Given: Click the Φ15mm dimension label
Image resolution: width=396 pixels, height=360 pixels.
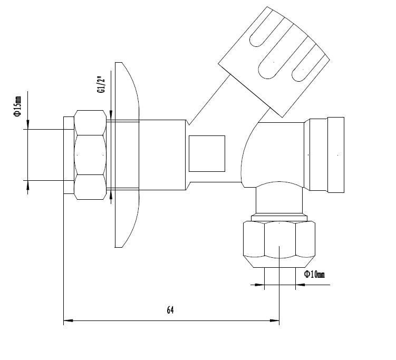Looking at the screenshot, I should click(17, 107).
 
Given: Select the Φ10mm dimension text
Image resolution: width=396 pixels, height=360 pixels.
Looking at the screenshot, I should click(314, 274).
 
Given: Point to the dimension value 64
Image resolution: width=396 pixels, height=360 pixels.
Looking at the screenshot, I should click(170, 310).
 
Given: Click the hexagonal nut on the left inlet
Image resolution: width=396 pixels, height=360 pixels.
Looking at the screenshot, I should click(90, 154).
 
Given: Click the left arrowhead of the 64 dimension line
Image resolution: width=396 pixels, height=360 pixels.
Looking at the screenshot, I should click(67, 319).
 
